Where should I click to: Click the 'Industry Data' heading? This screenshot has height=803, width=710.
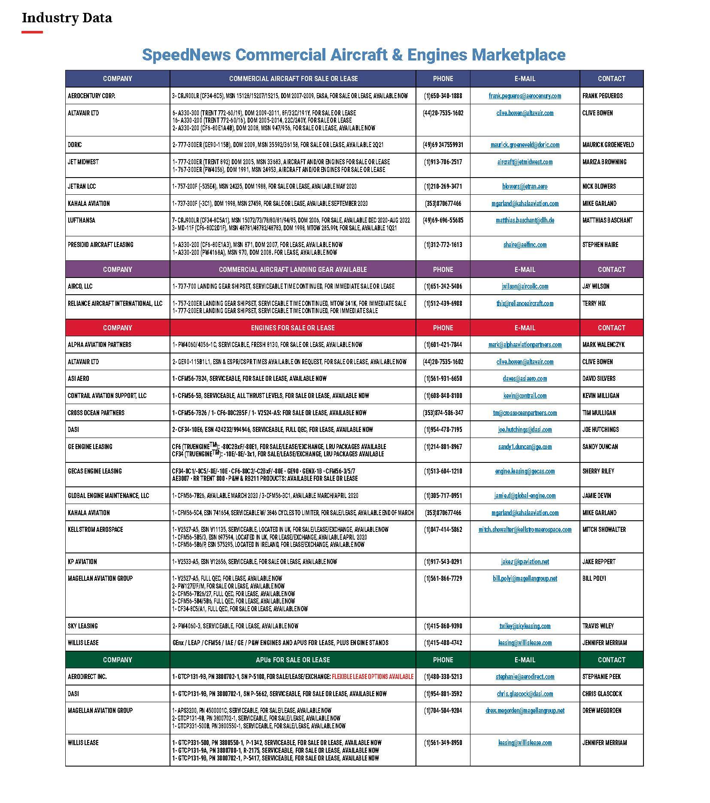point(67,18)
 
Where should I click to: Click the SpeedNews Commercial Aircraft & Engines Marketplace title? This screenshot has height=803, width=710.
point(353,55)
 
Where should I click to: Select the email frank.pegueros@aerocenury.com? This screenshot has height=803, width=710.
point(525,96)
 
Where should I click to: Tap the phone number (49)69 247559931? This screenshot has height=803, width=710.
point(443,145)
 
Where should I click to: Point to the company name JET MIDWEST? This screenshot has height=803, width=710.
point(83,162)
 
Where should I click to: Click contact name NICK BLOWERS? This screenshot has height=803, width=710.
point(599,187)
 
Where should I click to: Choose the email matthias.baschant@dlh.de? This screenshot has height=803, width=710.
point(525,220)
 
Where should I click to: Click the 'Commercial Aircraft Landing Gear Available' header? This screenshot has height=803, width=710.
point(292,269)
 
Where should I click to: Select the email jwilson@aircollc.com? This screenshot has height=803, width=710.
point(525,287)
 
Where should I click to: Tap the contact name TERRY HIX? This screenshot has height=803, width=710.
point(594,303)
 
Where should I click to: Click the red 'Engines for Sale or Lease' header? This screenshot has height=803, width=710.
point(292,328)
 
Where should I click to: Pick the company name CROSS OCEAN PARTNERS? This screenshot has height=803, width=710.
point(96,413)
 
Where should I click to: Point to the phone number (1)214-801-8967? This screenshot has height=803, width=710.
point(443,447)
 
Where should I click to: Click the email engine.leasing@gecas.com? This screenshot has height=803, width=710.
point(525,471)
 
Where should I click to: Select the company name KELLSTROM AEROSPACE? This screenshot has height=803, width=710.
point(95,529)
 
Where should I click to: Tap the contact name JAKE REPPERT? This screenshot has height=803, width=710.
point(599,561)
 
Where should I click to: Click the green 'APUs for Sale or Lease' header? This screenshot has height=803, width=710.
point(292,660)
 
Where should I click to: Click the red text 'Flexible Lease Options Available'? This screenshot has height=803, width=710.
point(372,676)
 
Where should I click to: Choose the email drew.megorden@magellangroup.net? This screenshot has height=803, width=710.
point(525,710)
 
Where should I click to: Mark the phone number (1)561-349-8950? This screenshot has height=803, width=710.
point(443,743)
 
